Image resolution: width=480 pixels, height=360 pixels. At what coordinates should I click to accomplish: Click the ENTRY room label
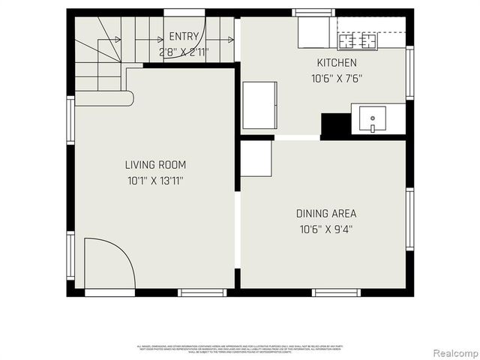point(184,37)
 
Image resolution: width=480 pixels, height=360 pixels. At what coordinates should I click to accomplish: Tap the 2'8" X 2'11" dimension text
point(184,52)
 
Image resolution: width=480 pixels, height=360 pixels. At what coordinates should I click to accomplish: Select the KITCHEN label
point(337,63)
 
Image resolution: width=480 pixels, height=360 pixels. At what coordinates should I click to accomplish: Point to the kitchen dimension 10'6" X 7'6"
point(337,78)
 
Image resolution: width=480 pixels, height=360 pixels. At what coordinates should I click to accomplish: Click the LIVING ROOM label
point(155,165)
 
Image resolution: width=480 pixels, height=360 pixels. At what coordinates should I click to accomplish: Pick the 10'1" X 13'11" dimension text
point(155,181)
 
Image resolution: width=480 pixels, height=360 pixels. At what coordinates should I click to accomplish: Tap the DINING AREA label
point(325,214)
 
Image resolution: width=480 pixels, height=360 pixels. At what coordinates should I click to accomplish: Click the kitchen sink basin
point(373,118)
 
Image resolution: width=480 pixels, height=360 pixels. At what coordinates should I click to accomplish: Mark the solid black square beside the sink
point(335,124)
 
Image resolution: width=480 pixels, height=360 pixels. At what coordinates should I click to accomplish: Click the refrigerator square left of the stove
point(313,32)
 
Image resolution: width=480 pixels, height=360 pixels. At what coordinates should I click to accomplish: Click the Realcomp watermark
point(452,352)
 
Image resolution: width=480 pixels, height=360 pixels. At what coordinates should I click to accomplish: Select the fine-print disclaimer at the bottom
point(239,348)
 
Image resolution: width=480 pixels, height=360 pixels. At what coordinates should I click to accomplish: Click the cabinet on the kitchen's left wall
point(259,105)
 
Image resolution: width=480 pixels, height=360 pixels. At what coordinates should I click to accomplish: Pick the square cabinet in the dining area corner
point(256,158)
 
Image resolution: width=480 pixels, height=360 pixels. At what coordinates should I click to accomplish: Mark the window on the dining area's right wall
point(409,219)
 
